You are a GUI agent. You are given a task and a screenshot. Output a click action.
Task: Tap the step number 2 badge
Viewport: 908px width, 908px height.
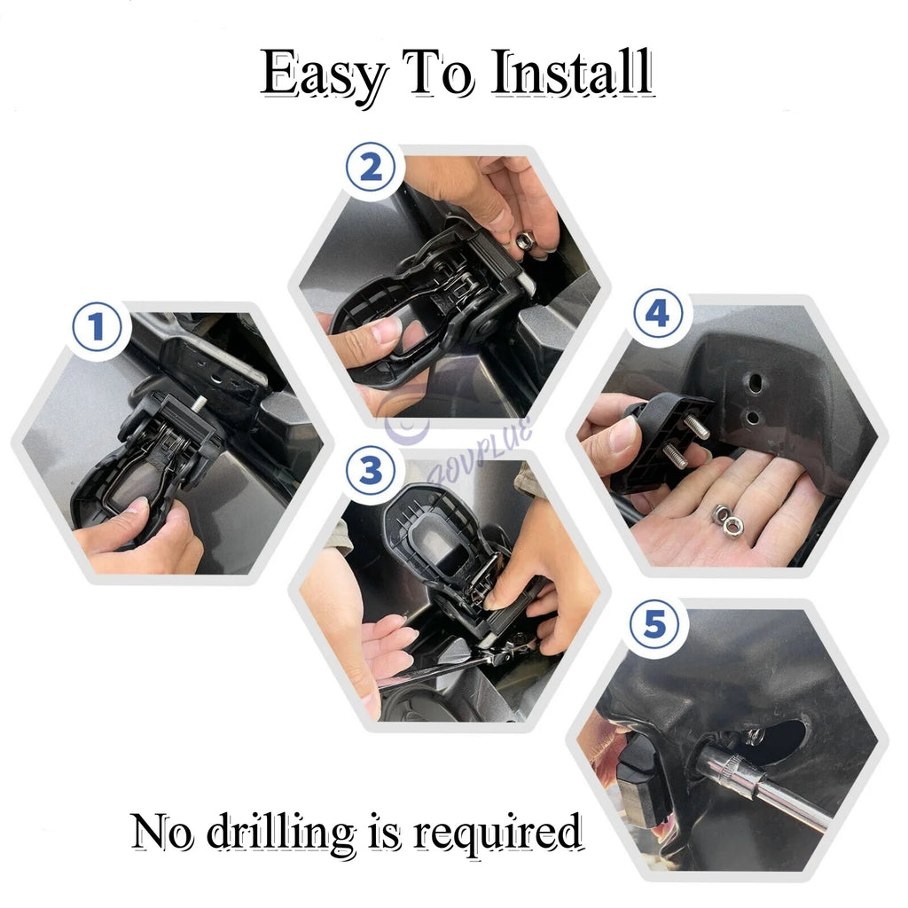click(371, 168)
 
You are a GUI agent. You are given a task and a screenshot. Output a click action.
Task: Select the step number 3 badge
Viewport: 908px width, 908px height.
click(370, 471)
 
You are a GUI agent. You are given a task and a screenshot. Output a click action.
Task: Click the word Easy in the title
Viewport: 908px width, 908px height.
click(324, 74)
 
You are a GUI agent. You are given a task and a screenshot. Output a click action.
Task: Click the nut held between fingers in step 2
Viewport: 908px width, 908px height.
click(524, 239)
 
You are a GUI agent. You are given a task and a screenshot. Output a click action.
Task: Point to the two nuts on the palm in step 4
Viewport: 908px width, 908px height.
click(726, 521)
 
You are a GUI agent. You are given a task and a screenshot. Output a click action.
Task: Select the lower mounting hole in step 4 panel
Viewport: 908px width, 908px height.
click(752, 417)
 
